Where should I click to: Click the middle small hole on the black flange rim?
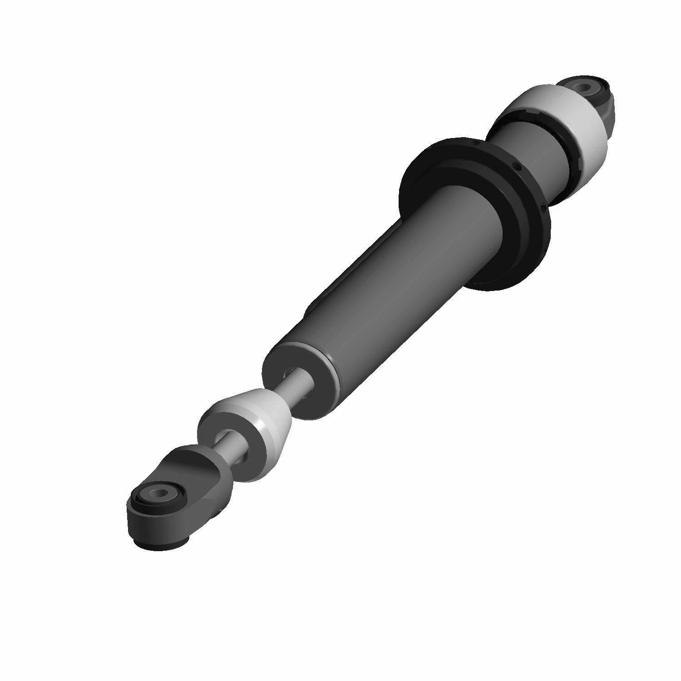click(x=515, y=165)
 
